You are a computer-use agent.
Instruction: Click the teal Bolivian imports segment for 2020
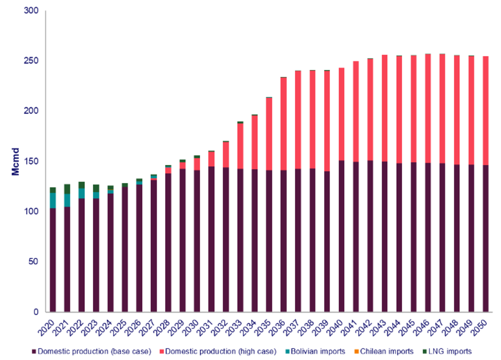click(x=53, y=200)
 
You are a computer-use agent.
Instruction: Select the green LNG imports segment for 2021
click(x=67, y=189)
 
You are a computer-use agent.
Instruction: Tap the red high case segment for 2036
click(x=283, y=124)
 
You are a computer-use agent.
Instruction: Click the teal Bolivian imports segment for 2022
click(x=82, y=193)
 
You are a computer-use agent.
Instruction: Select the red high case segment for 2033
click(x=240, y=146)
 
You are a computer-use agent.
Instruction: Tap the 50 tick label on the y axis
click(x=33, y=262)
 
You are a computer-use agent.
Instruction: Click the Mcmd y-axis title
click(x=16, y=161)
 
